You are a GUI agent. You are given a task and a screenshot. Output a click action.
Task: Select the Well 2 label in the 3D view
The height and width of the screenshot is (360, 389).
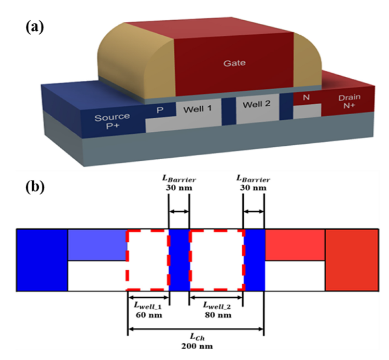point(257,104)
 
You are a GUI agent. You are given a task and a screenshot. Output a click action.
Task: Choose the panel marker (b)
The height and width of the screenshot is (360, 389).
point(36,186)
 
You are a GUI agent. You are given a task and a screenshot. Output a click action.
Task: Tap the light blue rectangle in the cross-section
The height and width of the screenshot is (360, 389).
point(98,244)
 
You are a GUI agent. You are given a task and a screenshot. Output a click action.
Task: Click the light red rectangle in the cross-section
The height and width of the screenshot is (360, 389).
point(295,244)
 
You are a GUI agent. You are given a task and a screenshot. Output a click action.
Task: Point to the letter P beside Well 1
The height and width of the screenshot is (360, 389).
point(160,110)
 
